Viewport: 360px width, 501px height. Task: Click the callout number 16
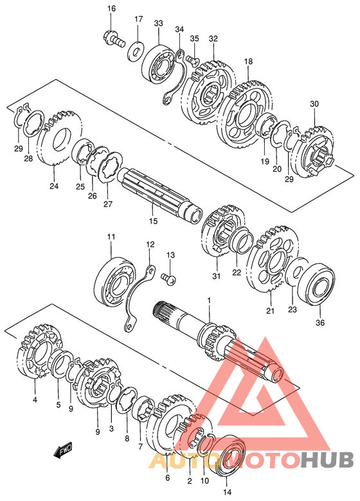pyautogui.click(x=111, y=8)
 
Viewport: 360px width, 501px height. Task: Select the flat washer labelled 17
pyautogui.click(x=136, y=51)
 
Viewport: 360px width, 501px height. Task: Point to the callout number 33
pyautogui.click(x=158, y=23)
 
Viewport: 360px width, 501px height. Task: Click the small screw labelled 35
pyautogui.click(x=192, y=60)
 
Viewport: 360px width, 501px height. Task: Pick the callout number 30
pyautogui.click(x=314, y=104)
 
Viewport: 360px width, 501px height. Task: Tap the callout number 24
pyautogui.click(x=54, y=186)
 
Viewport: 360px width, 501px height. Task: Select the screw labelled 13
pyautogui.click(x=168, y=279)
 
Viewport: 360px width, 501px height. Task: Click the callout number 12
pyautogui.click(x=150, y=245)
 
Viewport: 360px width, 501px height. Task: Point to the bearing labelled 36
pyautogui.click(x=316, y=284)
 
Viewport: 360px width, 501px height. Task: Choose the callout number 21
pyautogui.click(x=271, y=310)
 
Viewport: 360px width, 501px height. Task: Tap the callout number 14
pyautogui.click(x=228, y=492)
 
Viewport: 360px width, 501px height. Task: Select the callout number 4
pyautogui.click(x=35, y=400)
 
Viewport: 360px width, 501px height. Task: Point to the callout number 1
pyautogui.click(x=209, y=301)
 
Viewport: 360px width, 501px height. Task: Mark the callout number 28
pyautogui.click(x=28, y=158)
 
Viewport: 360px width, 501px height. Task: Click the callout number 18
pyautogui.click(x=248, y=61)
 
